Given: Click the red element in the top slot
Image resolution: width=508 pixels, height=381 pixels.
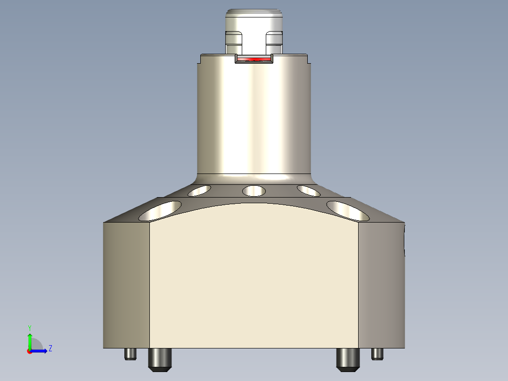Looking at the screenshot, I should point(254,59).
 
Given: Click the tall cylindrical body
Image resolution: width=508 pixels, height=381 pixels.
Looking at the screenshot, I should point(254,118).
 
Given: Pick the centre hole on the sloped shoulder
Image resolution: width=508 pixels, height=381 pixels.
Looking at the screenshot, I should point(254,191).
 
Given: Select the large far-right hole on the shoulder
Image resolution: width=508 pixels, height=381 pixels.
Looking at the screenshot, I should point(348,211).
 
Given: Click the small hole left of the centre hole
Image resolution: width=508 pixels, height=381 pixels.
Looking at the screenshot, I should point(199,190).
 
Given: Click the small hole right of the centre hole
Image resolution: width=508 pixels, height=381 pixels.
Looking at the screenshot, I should point(309,190).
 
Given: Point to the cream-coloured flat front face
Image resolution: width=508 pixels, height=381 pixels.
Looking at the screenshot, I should point(254,278).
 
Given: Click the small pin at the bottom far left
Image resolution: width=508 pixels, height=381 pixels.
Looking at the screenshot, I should point(131,354).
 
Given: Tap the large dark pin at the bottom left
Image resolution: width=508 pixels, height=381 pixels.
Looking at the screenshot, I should point(160,359).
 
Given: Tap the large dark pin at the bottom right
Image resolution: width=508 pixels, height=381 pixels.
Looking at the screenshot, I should point(348,359).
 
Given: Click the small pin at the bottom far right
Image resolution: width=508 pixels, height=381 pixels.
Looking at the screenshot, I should point(377,354).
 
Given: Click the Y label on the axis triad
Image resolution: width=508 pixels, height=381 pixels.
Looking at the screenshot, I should point(29,327).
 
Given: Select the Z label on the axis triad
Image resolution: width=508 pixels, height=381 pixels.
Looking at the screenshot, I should point(50,348).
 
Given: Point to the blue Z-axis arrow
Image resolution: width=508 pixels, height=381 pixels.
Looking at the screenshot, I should point(40,351).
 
